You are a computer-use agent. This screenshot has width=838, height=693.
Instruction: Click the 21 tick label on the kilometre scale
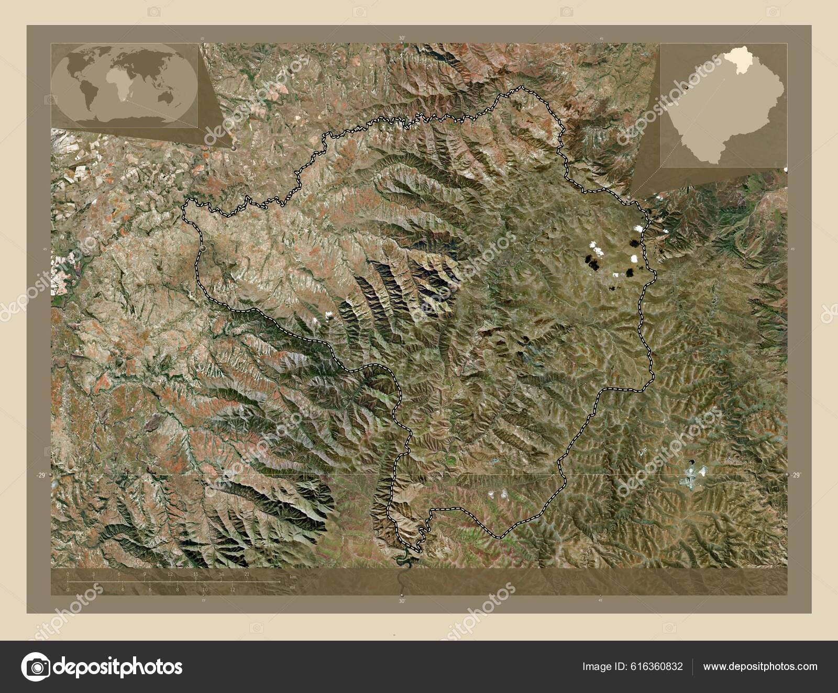click(246, 575)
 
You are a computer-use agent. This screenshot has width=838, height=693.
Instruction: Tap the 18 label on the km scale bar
click(221, 575)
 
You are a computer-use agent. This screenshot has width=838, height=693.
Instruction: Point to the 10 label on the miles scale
click(205, 589)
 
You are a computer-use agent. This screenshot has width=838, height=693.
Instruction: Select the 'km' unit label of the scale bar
click(293, 576)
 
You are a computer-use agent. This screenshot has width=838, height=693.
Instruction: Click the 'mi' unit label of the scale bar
click(292, 588)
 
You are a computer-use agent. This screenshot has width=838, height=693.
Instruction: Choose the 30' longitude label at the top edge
click(402, 38)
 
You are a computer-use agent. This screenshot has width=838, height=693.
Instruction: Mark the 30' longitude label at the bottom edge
click(402, 601)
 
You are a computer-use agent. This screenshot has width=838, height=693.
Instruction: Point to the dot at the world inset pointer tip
click(232, 148)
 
